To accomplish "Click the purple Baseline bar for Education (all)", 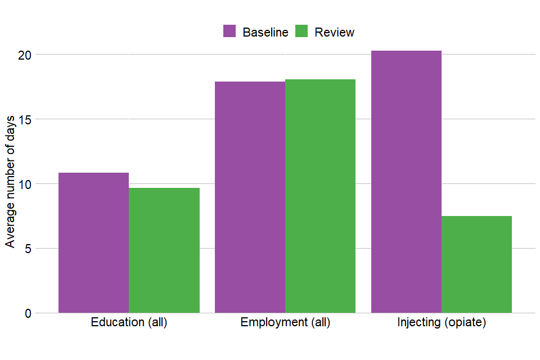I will pyautogui.click(x=93, y=242).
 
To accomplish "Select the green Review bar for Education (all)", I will pyautogui.click(x=164, y=250).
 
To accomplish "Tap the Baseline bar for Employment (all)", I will pyautogui.click(x=250, y=197).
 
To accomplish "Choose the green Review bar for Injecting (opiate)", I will pyautogui.click(x=476, y=264).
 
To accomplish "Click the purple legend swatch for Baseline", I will pyautogui.click(x=229, y=31).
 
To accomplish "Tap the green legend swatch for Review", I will pyautogui.click(x=301, y=31).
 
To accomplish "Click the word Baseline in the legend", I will pyautogui.click(x=265, y=32).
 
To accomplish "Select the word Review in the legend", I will pyautogui.click(x=334, y=32).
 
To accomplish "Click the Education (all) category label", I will pyautogui.click(x=129, y=323).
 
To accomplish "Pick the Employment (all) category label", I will pyautogui.click(x=285, y=323).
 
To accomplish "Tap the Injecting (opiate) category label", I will pyautogui.click(x=442, y=323).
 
